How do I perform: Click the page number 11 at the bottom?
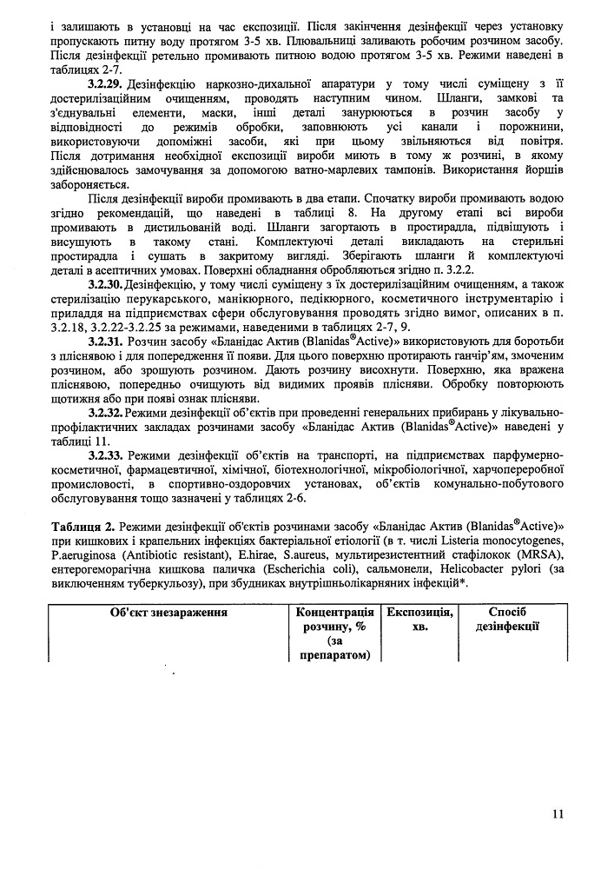point(558,813)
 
